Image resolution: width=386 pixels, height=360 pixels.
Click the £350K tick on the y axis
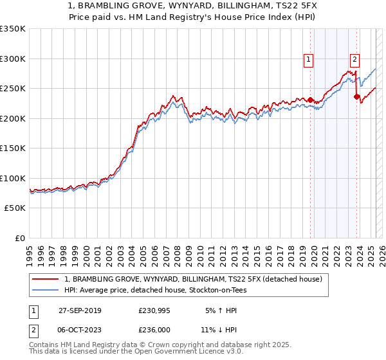pyautogui.click(x=13, y=29)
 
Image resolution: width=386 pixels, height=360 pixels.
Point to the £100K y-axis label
pyautogui.click(x=13, y=179)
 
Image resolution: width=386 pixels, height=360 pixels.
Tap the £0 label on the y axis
pyautogui.click(x=20, y=239)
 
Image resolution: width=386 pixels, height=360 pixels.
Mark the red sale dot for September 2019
pyautogui.click(x=310, y=100)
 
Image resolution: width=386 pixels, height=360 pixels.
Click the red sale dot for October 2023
pyautogui.click(x=356, y=97)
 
